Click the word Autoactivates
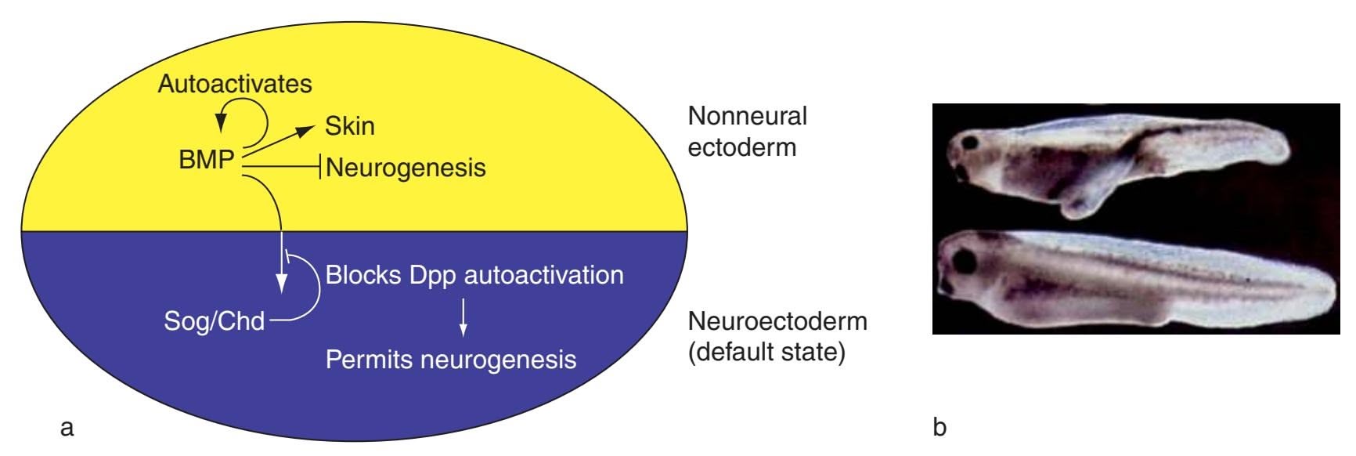tap(235, 84)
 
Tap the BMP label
tap(206, 160)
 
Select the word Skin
tap(350, 126)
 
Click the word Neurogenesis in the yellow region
tap(406, 168)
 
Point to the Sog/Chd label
tap(214, 321)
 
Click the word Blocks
tap(364, 275)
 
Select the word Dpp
tap(434, 276)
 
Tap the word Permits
tap(369, 360)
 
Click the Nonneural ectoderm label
tap(746, 132)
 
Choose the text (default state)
tap(766, 353)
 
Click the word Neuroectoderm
tap(777, 321)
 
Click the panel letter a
tap(67, 428)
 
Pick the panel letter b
tap(939, 428)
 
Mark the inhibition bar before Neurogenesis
tap(319, 166)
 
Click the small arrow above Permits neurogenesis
tap(463, 317)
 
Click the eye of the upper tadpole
tap(972, 143)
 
